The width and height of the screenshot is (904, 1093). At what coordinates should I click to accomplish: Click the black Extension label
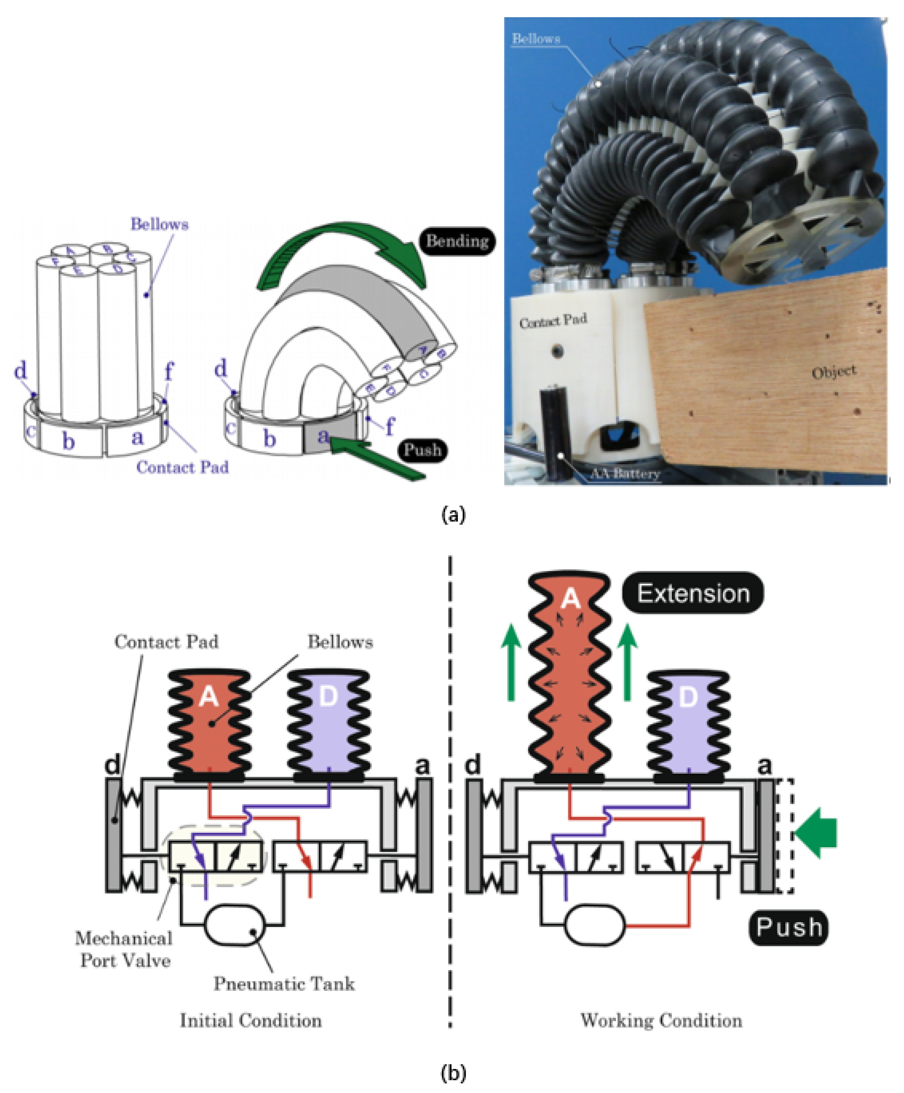tap(693, 593)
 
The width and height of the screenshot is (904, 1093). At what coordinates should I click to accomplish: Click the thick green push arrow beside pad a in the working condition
tap(818, 833)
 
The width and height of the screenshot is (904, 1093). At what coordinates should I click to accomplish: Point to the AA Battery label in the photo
tap(625, 473)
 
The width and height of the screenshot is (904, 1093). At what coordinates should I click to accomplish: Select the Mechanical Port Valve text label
tap(124, 949)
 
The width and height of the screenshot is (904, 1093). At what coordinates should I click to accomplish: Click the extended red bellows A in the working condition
tap(570, 677)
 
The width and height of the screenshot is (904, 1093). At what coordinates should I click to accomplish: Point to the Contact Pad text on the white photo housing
tap(553, 321)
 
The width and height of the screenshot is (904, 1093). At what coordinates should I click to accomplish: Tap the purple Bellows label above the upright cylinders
tap(159, 224)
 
